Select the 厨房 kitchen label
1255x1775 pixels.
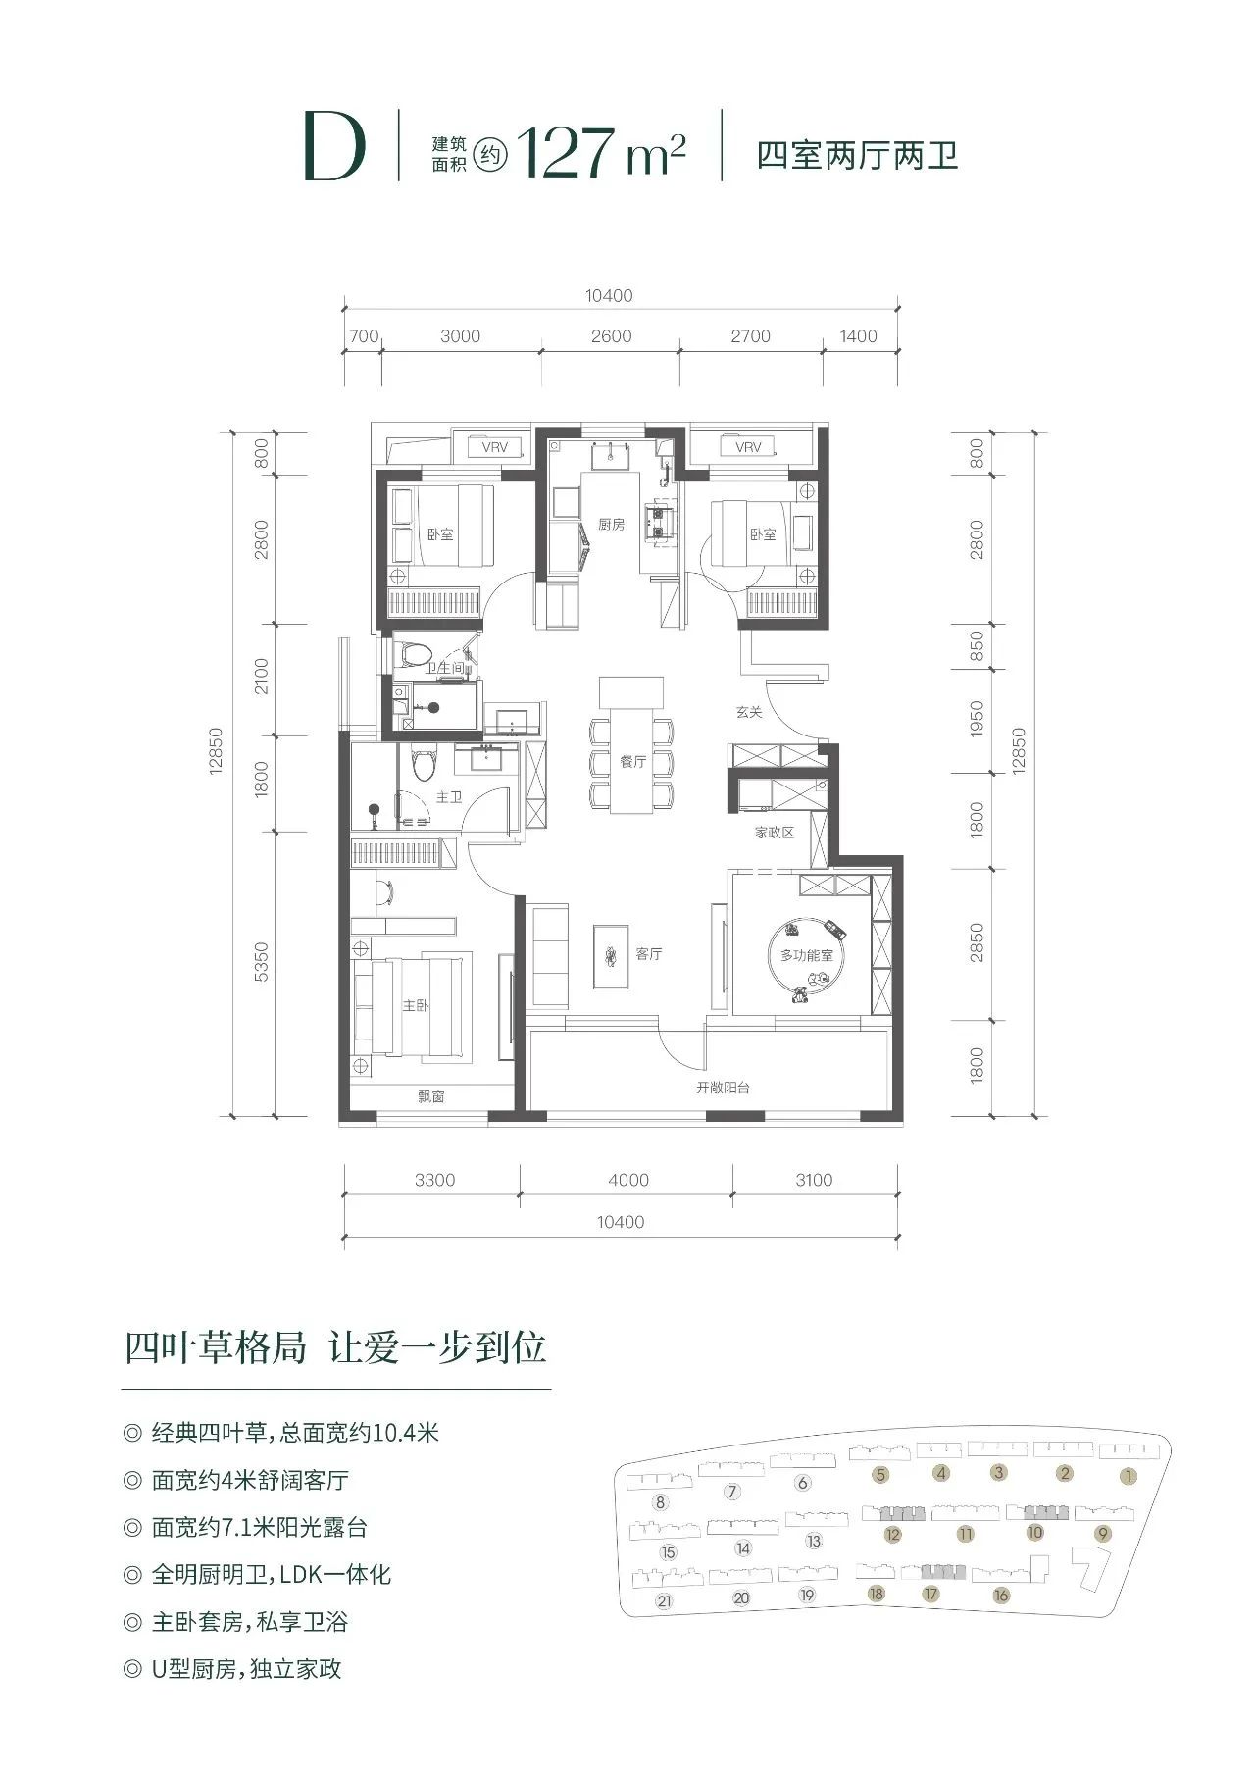pos(611,525)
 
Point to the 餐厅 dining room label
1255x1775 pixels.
pos(633,762)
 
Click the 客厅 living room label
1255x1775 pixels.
pos(649,954)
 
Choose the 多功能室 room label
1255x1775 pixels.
pos(807,954)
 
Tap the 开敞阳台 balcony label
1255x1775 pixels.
pos(724,1088)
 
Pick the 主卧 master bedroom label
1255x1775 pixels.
pos(416,1006)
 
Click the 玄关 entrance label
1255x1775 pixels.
pos(749,712)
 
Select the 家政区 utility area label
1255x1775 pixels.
pos(774,833)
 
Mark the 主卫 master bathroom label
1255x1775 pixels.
pos(448,797)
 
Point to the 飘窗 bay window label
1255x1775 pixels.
pos(431,1097)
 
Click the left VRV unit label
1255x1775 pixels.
pos(495,448)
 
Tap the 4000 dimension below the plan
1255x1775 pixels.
pos(627,1180)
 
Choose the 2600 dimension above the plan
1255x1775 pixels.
pos(611,336)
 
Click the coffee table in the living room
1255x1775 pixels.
pos(611,954)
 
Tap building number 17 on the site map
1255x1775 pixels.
pos(930,1594)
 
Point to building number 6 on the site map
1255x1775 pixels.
pos(803,1483)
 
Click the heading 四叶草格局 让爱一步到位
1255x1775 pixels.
pos(335,1347)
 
